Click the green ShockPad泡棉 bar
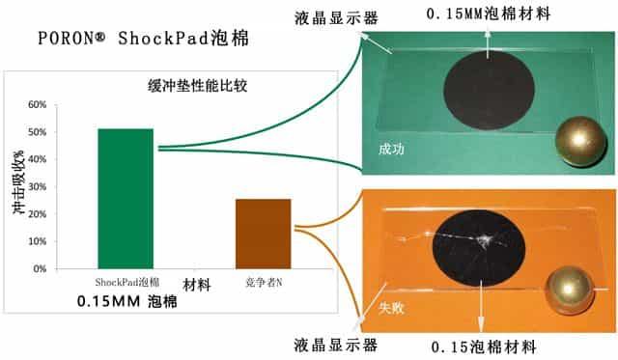tap(126, 198)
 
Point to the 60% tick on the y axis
tap(40, 105)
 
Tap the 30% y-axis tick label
tap(40, 187)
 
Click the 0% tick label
tap(42, 268)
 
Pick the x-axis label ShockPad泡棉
tap(126, 282)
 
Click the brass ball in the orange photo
tap(573, 292)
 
